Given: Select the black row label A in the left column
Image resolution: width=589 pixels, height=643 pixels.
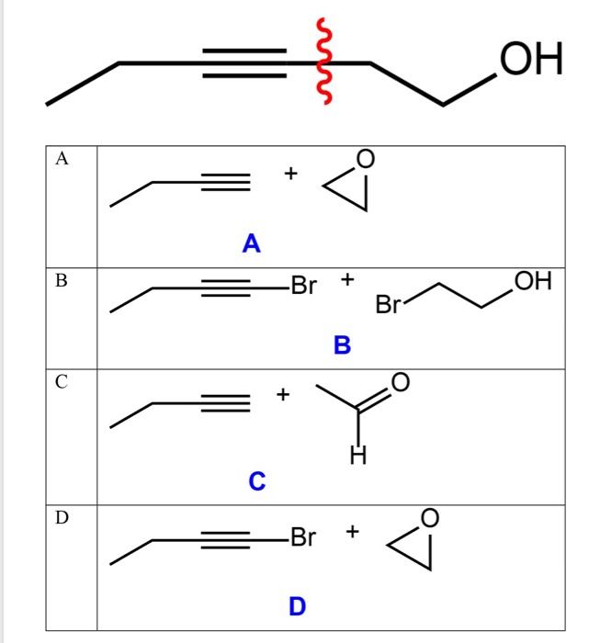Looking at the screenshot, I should click(62, 158).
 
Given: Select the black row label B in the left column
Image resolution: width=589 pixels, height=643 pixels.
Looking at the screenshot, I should click(62, 281).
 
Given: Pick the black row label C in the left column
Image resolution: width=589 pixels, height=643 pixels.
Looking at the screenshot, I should click(62, 383).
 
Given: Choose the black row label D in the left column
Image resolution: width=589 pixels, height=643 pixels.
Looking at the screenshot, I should click(62, 518).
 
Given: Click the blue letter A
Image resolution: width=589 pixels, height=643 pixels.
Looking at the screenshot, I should click(251, 244).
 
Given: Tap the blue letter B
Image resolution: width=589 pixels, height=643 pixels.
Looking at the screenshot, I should click(343, 346).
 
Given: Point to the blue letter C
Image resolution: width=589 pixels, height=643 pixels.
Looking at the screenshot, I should click(257, 480).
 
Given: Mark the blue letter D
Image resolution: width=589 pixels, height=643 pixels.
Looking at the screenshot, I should click(297, 607).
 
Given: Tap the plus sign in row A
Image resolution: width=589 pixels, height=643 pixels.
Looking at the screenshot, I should click(291, 172).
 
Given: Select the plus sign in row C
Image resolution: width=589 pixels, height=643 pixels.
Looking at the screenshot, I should click(284, 395).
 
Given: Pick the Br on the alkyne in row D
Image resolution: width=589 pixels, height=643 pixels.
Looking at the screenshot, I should click(303, 537).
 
